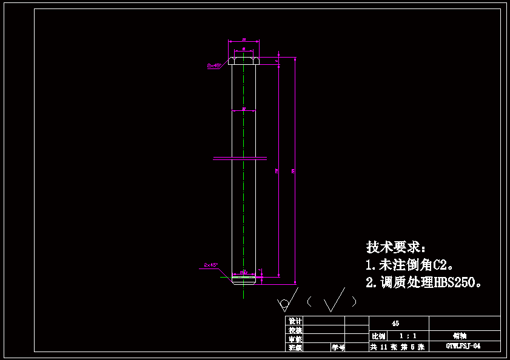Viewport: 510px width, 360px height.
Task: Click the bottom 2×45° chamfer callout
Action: (x=211, y=265)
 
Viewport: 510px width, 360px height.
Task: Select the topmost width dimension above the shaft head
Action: (x=243, y=41)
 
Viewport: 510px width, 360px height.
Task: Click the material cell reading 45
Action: (x=395, y=324)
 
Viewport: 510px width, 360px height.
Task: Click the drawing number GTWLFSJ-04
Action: (x=464, y=347)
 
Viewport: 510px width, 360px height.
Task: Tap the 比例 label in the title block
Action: (x=378, y=336)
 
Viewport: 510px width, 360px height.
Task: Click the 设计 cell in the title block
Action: (x=295, y=321)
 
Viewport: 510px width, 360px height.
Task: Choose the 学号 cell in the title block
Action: (x=338, y=347)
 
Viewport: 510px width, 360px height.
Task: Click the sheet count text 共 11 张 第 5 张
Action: (x=397, y=347)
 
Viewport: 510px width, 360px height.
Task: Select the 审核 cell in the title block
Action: (x=295, y=339)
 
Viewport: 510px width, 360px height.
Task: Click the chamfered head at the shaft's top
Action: (x=243, y=60)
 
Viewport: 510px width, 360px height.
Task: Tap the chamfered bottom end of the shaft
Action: (x=244, y=280)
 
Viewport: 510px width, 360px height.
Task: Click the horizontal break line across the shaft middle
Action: (x=240, y=159)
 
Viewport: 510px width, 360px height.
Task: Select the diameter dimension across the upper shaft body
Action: (x=243, y=110)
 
